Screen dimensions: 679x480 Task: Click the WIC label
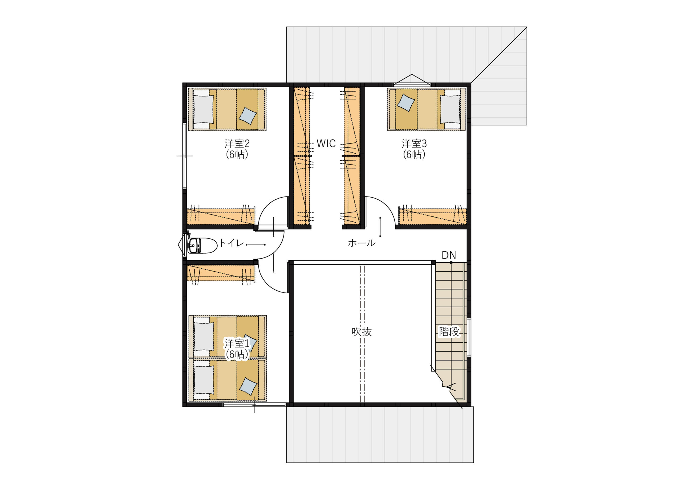click(326, 143)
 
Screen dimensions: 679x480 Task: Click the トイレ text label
click(231, 243)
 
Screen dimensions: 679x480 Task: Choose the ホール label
click(362, 243)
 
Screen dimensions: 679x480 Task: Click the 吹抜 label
click(362, 332)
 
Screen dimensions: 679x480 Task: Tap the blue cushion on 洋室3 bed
click(406, 103)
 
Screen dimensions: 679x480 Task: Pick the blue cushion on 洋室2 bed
click(248, 116)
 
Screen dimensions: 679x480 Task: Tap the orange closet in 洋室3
click(433, 216)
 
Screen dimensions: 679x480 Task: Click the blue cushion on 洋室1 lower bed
click(248, 386)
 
